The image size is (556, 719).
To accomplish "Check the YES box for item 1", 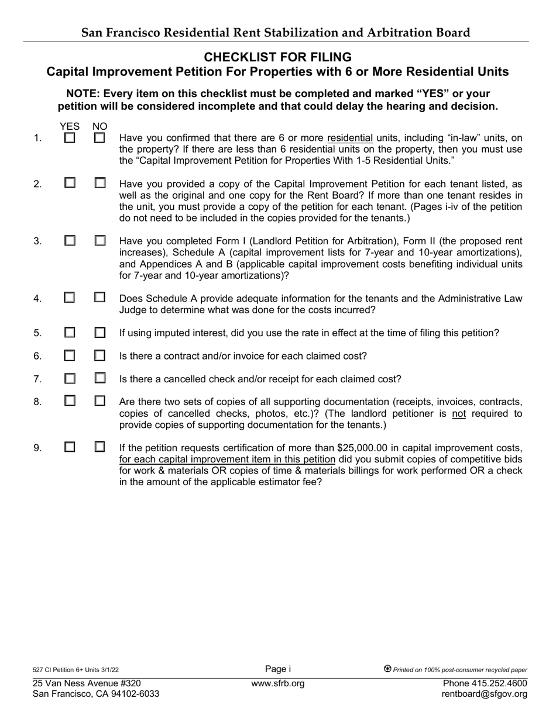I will (x=70, y=139).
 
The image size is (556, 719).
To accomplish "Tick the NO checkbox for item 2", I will (x=100, y=183).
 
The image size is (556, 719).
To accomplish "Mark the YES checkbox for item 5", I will (x=70, y=333).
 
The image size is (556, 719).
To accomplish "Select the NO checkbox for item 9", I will (x=100, y=447).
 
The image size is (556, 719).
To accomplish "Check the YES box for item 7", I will (x=70, y=378).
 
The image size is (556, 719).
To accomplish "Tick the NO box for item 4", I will (x=100, y=298).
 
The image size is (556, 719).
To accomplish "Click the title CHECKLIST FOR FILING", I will (x=277, y=57).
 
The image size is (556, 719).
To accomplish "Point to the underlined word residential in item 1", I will (x=349, y=138).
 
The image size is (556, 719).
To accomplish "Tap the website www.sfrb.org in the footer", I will (x=277, y=683).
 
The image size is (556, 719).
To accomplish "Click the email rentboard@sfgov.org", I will (x=485, y=694).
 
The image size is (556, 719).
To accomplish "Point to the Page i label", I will (x=277, y=669).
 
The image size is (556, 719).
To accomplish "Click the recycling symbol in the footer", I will (x=387, y=669).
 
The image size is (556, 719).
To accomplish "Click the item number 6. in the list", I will (x=37, y=356).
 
